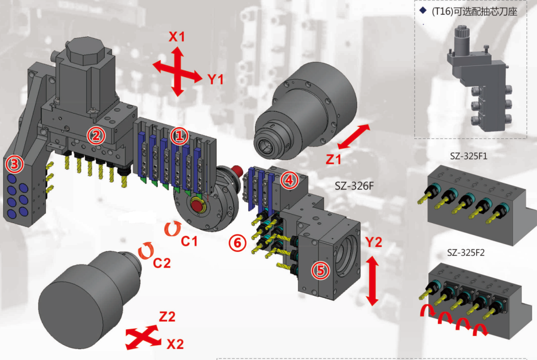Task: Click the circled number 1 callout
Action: (x=179, y=136)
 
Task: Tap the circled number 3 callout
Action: (x=14, y=164)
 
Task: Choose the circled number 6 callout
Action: (x=236, y=243)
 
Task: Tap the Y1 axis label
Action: (x=215, y=79)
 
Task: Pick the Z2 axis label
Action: (x=167, y=317)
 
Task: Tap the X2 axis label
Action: (x=175, y=344)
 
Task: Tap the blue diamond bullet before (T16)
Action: (x=422, y=10)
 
